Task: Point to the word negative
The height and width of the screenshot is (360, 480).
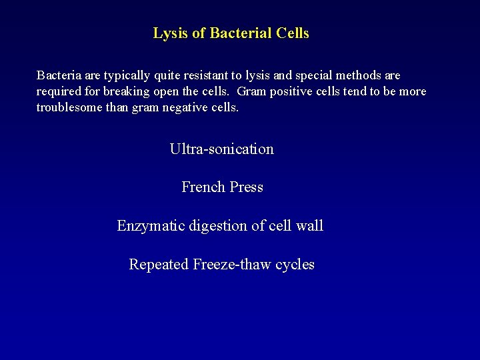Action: tap(183, 107)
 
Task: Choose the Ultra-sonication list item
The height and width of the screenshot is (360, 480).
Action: tap(222, 149)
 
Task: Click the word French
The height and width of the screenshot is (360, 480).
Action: tap(203, 187)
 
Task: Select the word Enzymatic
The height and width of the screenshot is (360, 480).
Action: tap(149, 226)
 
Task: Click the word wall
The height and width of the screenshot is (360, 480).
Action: tap(309, 226)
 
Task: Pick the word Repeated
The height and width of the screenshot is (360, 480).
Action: tap(159, 265)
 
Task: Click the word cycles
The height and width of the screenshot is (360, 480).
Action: tap(293, 265)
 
